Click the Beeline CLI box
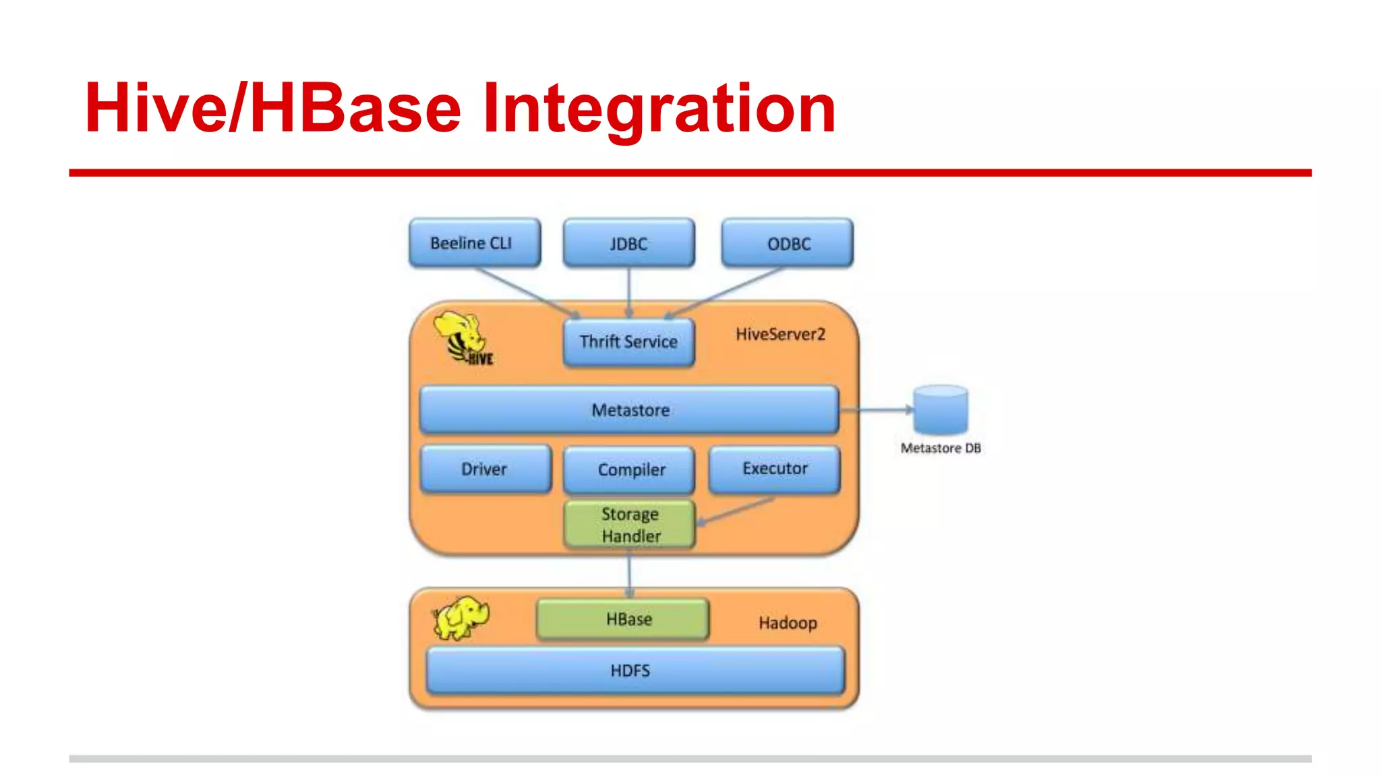point(475,243)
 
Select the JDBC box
point(628,243)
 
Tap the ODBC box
point(787,243)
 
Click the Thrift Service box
point(628,342)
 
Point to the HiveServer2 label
point(780,335)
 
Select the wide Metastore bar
point(629,410)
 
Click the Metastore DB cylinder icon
point(941,409)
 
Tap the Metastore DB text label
point(941,449)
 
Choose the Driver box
point(485,469)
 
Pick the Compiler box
point(629,470)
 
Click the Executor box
point(774,469)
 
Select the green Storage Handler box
point(629,525)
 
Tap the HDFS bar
point(635,670)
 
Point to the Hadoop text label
point(788,623)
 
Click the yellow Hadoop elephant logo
point(461,617)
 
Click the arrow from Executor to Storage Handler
point(735,511)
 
